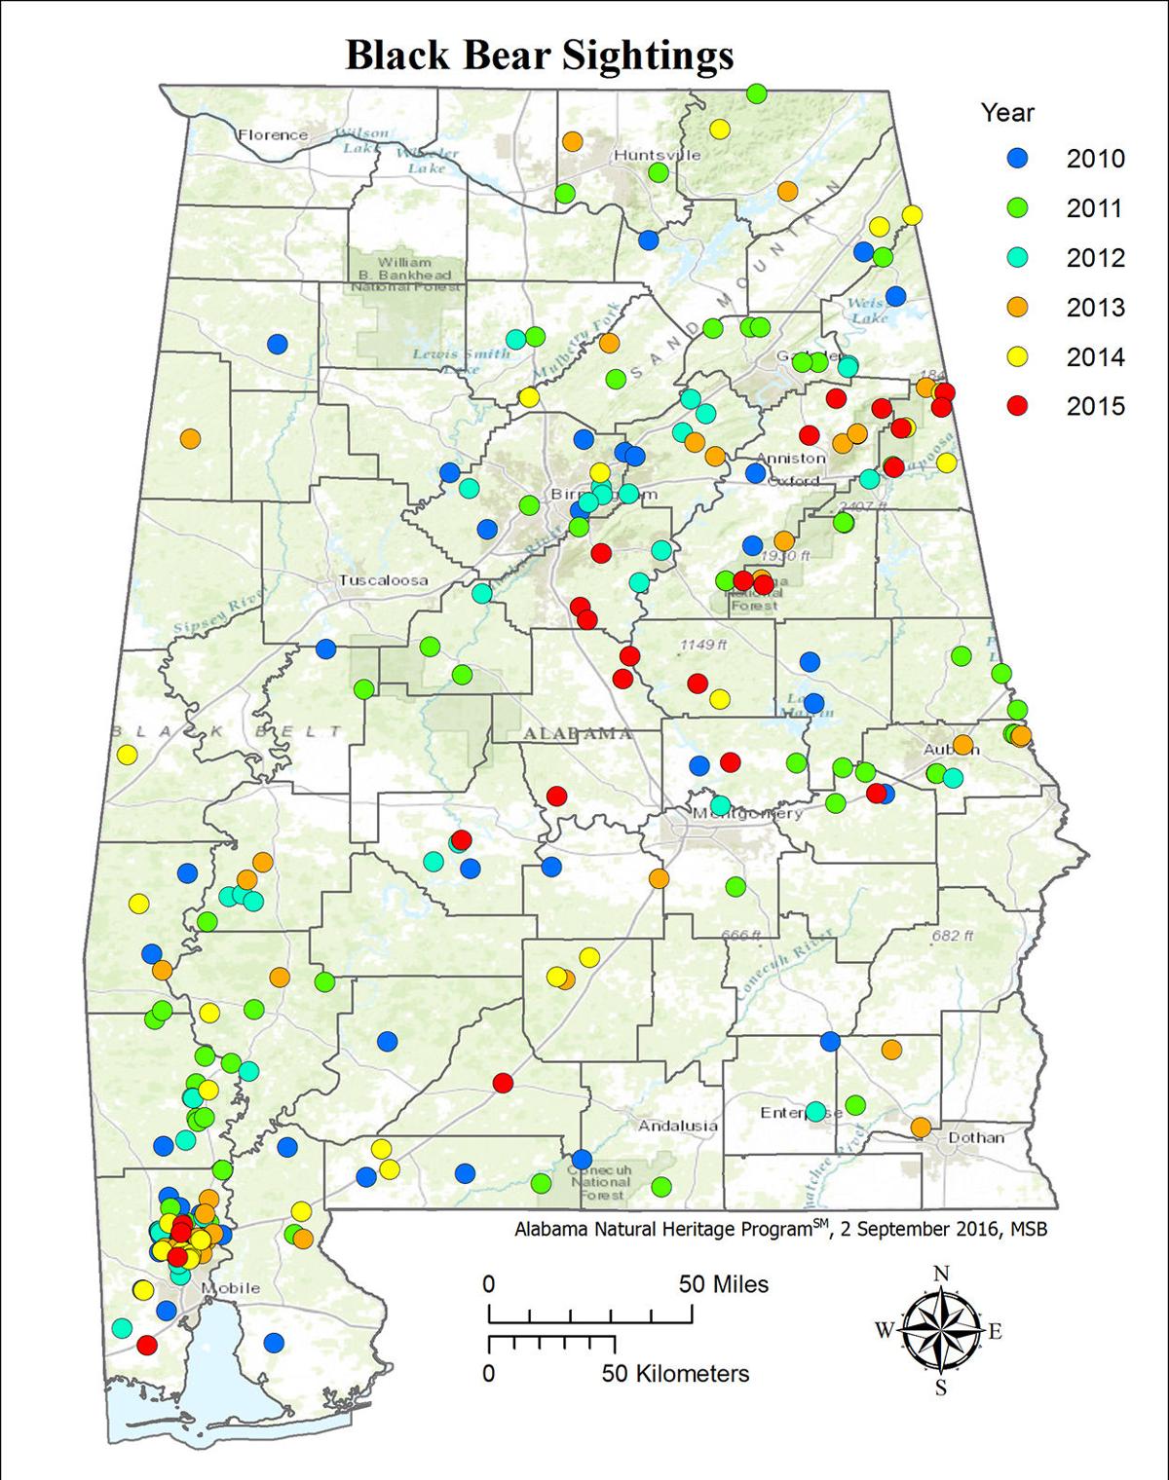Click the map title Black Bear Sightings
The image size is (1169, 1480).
(539, 56)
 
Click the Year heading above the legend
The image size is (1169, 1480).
(1007, 113)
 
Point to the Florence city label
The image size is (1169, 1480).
(273, 135)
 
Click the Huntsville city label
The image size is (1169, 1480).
(657, 155)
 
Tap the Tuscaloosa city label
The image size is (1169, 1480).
(383, 581)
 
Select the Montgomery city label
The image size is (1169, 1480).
(748, 813)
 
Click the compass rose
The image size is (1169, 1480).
(940, 1331)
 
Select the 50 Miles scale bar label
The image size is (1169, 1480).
(724, 1284)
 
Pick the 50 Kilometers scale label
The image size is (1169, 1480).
(675, 1374)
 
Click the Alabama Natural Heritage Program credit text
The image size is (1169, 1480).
(780, 1230)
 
